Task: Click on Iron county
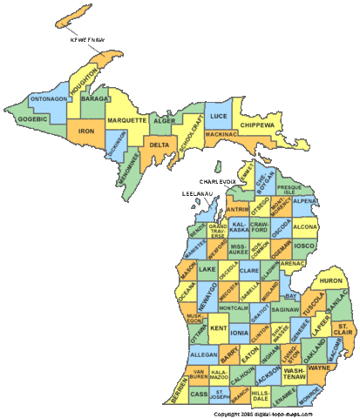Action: [85, 131]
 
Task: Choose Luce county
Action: [220, 116]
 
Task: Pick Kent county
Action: [219, 327]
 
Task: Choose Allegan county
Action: [203, 355]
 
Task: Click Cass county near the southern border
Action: [199, 394]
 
